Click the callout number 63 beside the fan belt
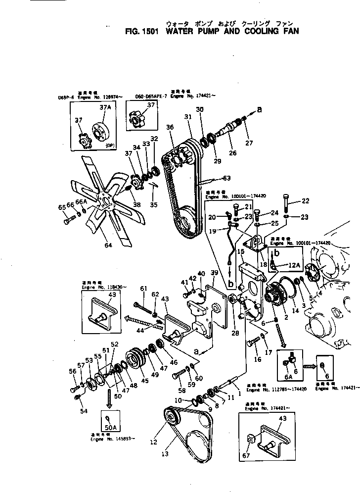point(227,178)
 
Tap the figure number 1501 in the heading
point(152,30)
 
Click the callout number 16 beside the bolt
point(258,359)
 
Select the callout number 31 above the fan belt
point(187,117)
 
